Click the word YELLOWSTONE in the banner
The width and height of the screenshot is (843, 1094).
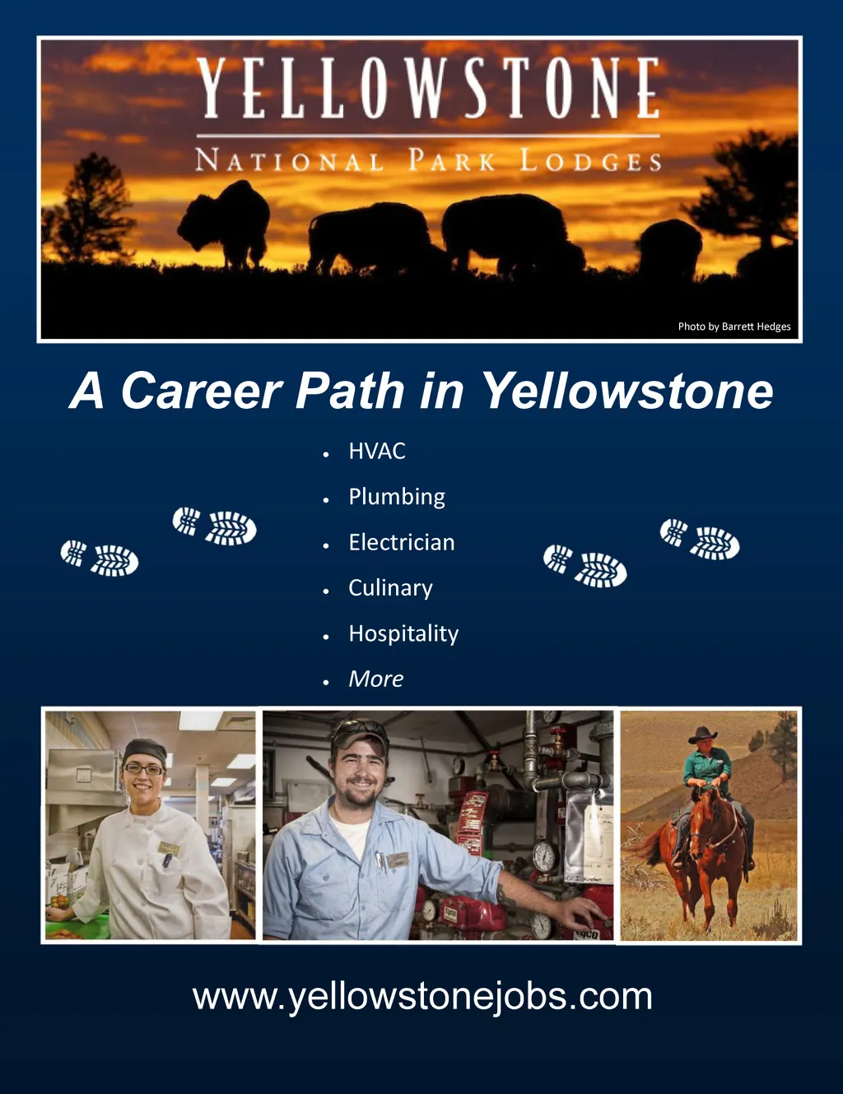point(428,88)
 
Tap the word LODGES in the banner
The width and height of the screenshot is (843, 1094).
point(590,160)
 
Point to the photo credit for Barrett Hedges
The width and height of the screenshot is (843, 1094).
point(734,327)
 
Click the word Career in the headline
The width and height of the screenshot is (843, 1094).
point(201,391)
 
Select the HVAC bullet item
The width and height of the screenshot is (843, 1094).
point(377,451)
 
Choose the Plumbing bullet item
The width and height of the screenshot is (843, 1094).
point(397,497)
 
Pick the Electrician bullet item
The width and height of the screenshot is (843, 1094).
point(402,542)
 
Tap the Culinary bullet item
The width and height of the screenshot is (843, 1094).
point(390,588)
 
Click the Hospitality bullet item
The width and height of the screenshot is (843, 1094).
point(403,634)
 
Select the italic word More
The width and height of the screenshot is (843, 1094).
point(376,679)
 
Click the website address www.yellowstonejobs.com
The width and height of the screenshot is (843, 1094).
point(422,997)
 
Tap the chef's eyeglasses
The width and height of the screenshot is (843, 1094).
point(143,769)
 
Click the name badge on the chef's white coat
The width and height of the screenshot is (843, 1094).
point(168,848)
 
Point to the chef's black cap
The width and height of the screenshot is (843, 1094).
point(144,752)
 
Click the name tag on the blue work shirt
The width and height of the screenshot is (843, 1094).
point(399,860)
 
